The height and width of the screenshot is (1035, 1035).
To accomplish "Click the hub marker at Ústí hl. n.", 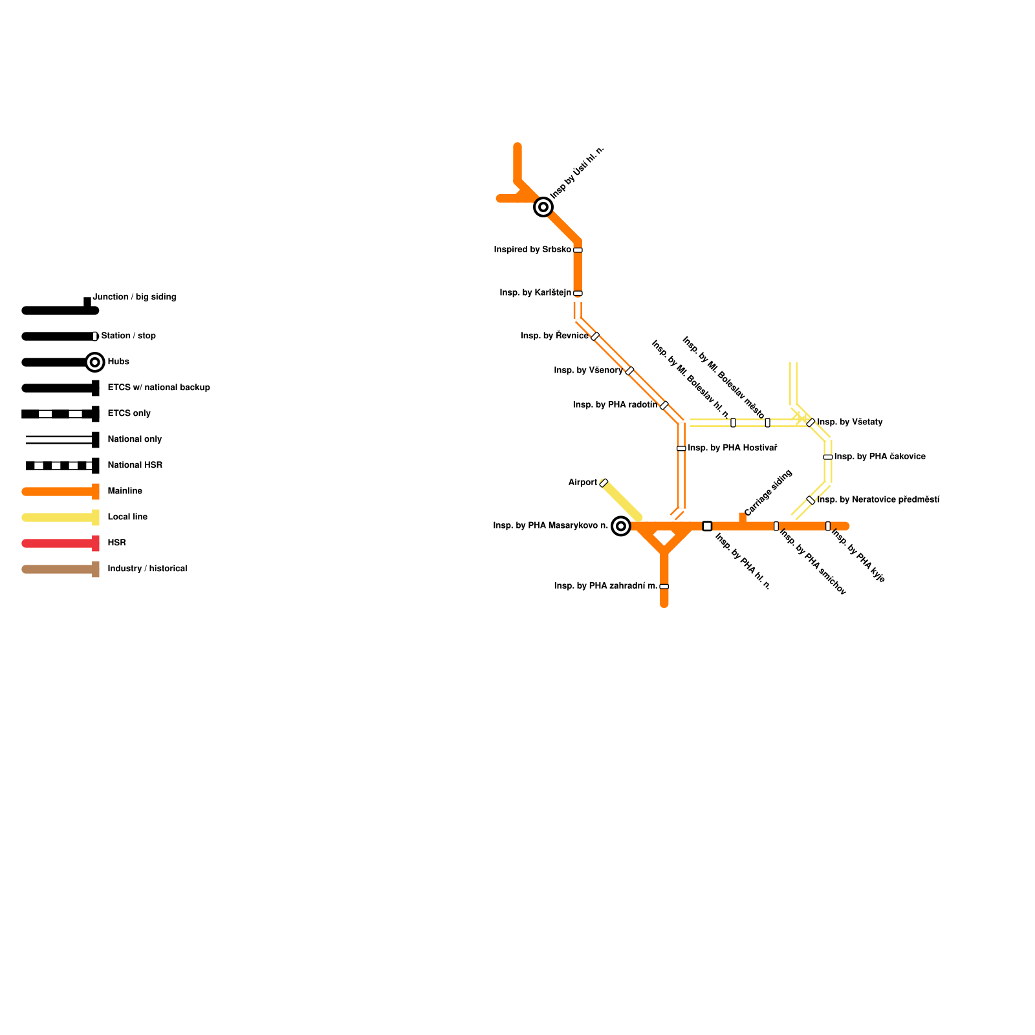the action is [543, 207].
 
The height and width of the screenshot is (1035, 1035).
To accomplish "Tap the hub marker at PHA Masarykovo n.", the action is [621, 526].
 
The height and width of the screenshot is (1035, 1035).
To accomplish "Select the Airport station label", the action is [582, 483].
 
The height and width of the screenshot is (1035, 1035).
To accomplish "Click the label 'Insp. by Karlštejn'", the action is [535, 293].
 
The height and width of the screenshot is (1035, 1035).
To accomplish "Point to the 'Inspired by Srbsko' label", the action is [532, 250].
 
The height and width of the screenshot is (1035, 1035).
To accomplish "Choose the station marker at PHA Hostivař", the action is [681, 448].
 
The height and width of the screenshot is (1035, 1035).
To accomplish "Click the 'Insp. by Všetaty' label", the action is [849, 422].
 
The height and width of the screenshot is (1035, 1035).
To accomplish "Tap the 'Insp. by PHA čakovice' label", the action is [879, 457].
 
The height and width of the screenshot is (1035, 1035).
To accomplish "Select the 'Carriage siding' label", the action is [768, 493].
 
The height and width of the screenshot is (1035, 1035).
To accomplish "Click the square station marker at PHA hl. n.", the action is [707, 526].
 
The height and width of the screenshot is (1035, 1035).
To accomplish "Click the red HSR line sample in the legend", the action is [58, 543].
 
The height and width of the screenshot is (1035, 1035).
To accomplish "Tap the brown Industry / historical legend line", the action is [58, 569].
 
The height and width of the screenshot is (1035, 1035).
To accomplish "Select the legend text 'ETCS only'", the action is [129, 413].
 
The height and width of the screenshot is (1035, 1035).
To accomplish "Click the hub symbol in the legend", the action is [95, 362].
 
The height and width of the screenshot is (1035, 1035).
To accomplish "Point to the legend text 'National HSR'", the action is [135, 465].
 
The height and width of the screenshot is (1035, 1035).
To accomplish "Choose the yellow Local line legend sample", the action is [58, 517].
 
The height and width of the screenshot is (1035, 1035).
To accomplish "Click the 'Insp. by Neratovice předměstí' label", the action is [878, 500].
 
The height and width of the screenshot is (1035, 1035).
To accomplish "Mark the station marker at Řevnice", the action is [595, 336].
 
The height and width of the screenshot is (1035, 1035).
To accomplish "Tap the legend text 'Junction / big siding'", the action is [134, 297].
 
